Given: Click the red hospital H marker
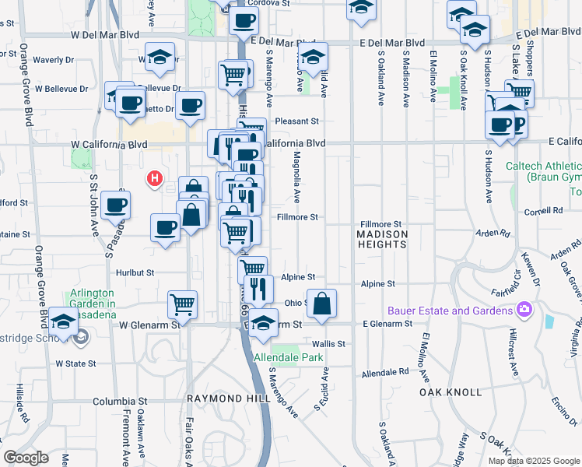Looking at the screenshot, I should pos(155,179).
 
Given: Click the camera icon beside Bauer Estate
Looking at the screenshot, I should pos(524,311).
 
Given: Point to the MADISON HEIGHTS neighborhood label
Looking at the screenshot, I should pos(381,239).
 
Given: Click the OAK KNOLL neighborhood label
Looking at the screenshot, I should pos(451,392).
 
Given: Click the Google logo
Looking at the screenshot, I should pos(26,458).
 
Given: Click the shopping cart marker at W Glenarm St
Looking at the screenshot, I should pos(182,304).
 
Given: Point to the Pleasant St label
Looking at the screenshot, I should pos(297,121).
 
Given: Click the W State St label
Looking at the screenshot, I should pos(75,363).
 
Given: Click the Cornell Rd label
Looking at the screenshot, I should pos(543,211).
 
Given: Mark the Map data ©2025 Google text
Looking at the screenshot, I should pos(534,461).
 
